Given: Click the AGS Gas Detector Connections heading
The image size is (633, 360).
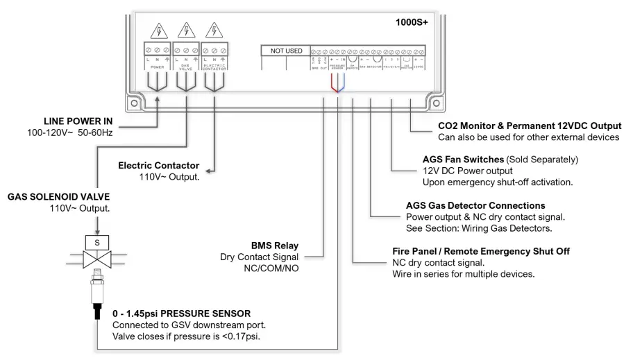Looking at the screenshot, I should click(x=475, y=206).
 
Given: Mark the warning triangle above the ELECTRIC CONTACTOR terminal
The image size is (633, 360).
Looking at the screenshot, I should click(x=215, y=31).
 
